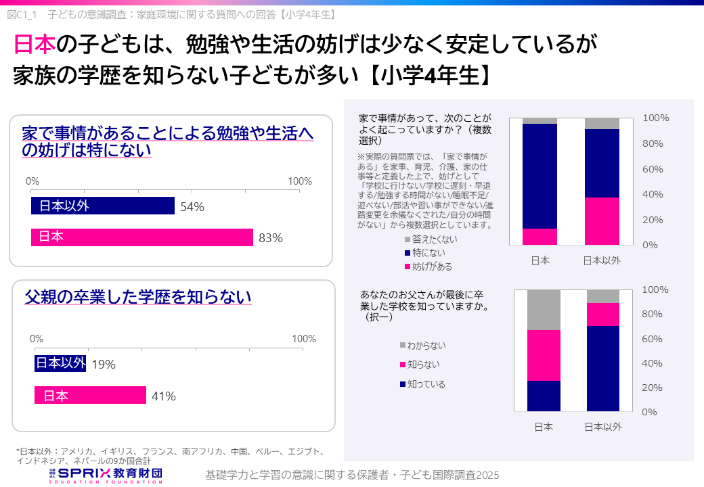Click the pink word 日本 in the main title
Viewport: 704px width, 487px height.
[35, 45]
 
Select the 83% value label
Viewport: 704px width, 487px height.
[270, 238]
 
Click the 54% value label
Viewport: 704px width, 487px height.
[192, 207]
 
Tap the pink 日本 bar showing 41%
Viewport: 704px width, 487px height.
[90, 396]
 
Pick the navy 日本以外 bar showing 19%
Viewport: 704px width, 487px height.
[60, 364]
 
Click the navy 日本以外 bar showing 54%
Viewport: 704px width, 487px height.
[103, 206]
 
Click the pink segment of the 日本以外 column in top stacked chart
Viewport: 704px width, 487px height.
[602, 221]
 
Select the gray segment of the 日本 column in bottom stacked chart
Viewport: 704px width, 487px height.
[544, 310]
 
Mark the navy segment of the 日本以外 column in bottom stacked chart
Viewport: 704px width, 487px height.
[603, 369]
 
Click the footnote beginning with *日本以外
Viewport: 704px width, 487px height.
[169, 455]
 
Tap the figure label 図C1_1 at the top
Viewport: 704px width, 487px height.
[24, 14]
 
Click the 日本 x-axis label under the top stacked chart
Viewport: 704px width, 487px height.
[540, 260]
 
